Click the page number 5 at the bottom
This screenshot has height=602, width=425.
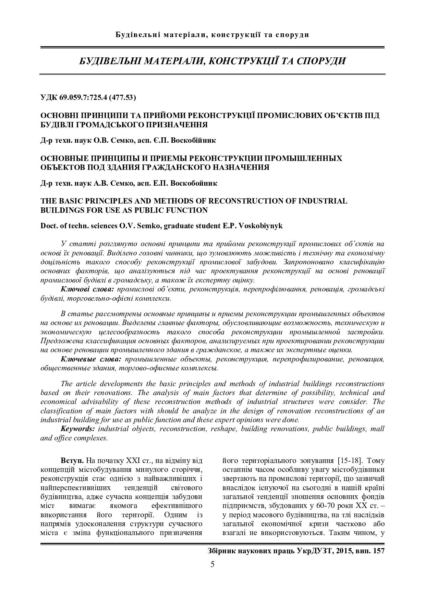coord(212,564)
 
